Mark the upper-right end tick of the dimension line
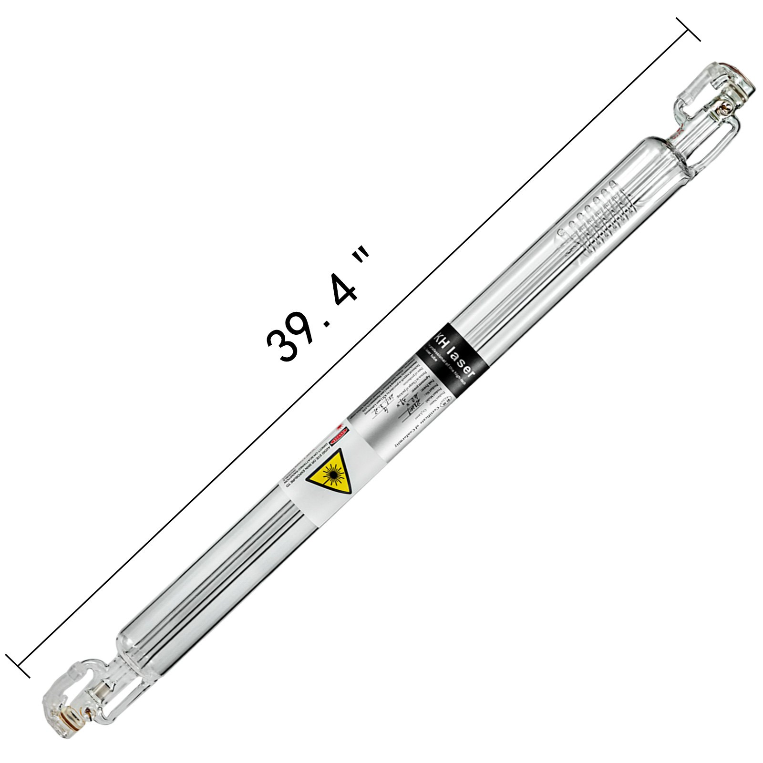coord(688,30)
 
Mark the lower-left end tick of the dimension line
coord(18,666)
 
